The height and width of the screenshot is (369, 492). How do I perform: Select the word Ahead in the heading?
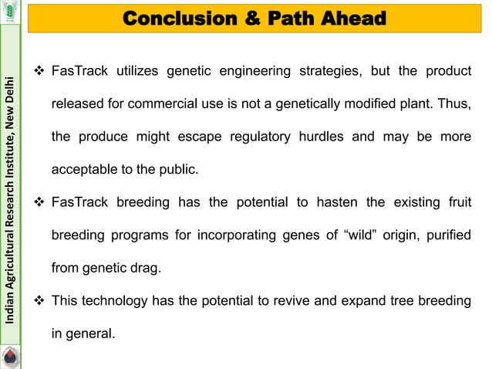tap(354, 18)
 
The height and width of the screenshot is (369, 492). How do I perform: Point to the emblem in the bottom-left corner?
tap(10, 357)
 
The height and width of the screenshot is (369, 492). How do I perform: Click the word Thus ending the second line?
tap(453, 104)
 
